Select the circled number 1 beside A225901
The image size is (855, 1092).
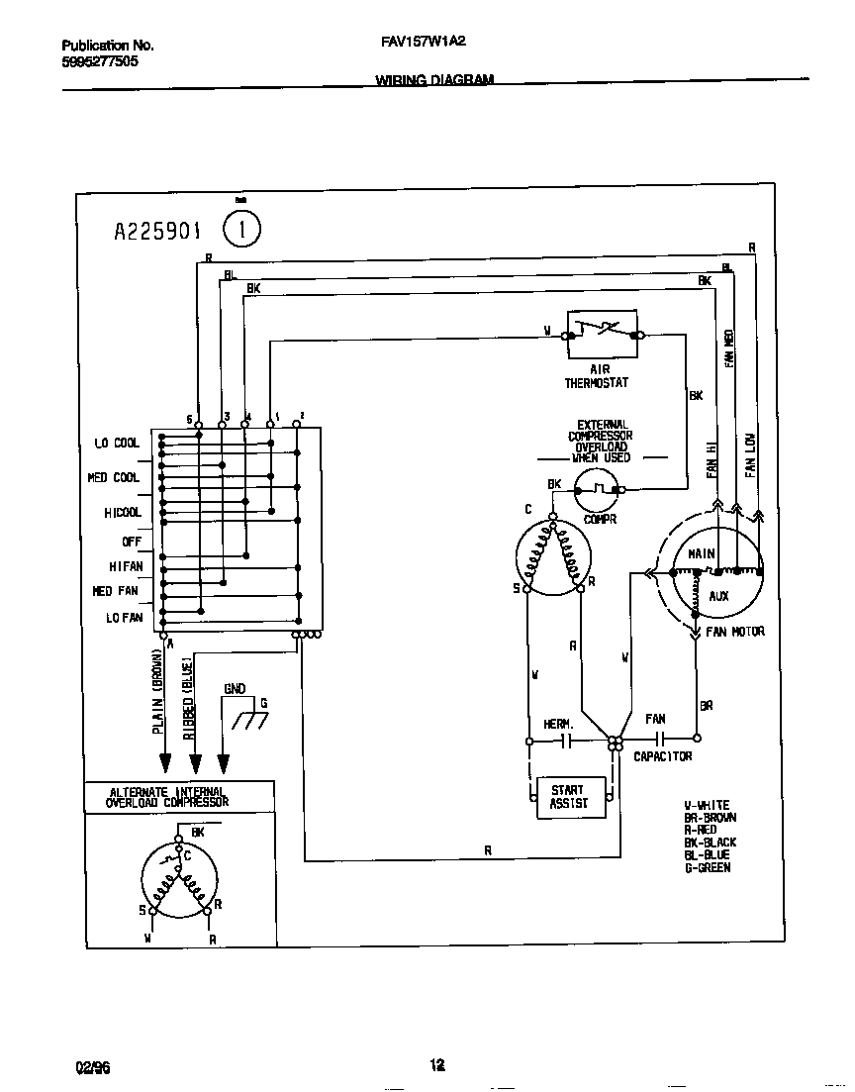coord(242,231)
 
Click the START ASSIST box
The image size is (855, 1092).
coord(568,797)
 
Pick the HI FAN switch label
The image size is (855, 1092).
coord(126,566)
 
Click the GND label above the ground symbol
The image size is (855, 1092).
coord(235,688)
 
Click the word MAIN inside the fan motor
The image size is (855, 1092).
coord(702,555)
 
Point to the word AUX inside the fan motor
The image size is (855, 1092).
coord(718,596)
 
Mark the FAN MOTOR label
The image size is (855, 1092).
coord(735,632)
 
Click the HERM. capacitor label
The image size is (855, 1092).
coord(558,724)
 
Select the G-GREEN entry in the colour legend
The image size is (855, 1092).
coord(708,867)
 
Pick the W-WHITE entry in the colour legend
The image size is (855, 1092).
coord(707,805)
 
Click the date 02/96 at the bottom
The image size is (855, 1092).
coord(93,1066)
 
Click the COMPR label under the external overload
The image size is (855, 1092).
coord(599,518)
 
